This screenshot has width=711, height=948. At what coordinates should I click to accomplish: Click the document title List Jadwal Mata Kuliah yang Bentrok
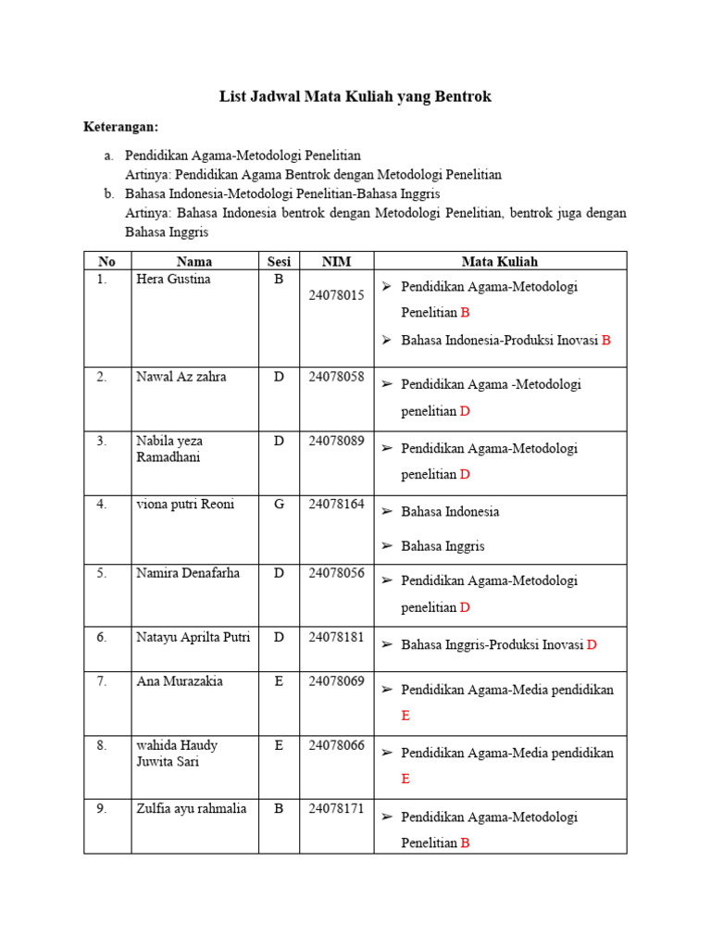355,95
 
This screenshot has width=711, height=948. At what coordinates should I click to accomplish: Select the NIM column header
336,262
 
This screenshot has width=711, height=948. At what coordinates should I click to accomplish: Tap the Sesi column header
279,262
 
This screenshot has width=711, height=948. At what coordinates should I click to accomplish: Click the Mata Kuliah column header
500,262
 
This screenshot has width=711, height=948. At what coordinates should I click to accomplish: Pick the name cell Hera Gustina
173,280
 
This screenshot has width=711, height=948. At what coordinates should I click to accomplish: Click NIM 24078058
337,377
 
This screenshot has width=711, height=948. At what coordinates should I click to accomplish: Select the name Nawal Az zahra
181,377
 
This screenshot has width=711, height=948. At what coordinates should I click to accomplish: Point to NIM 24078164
337,505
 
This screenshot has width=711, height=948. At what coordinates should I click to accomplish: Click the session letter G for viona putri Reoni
279,505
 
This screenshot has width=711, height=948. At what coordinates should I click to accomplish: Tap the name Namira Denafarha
187,573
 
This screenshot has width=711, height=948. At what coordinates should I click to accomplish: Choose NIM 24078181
337,637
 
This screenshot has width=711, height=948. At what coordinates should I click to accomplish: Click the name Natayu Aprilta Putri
193,637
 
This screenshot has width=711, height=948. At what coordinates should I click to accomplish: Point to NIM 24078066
337,745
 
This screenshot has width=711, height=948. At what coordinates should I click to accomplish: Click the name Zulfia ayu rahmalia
191,809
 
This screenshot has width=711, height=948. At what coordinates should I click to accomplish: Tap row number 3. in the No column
101,441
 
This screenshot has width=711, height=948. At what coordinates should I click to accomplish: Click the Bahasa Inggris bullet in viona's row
443,546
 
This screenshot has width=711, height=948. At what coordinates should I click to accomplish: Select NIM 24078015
337,295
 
